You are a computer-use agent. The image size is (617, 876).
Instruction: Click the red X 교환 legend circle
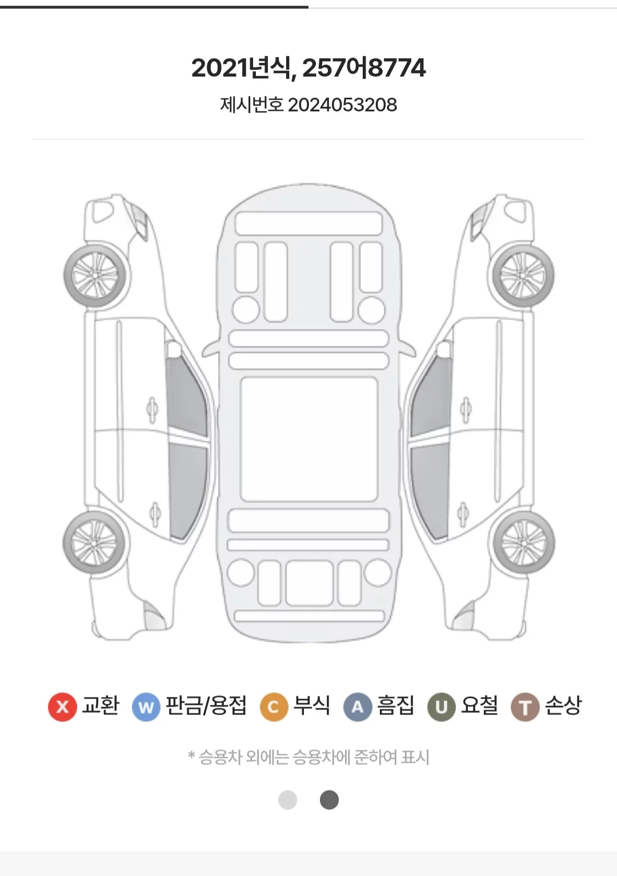62,706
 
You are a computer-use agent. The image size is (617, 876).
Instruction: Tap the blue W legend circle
146,706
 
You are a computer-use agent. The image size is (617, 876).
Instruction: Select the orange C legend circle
274,706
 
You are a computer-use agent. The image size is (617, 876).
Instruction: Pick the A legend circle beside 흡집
358,706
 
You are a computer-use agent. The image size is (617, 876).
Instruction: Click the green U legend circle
442,706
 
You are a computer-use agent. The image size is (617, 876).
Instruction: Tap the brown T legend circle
525,706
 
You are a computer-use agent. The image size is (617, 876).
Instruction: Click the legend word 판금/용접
206,706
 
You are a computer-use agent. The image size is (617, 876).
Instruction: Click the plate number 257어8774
364,67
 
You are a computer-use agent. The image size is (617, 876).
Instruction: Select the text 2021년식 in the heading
240,67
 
